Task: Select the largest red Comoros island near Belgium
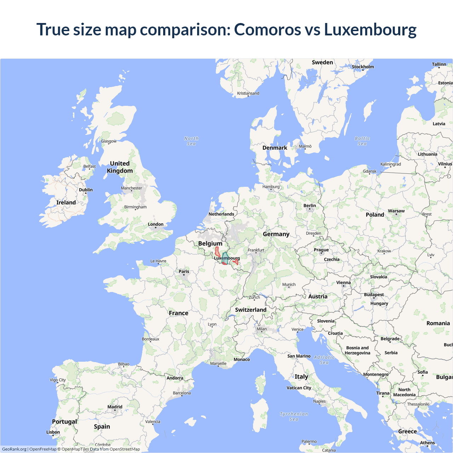coord(218,252)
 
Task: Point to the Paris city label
coord(184,271)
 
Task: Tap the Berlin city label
coord(310,206)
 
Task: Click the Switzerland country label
coord(251,310)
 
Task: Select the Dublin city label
coord(86,190)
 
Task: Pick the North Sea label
coord(191,141)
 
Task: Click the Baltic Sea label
coord(362,141)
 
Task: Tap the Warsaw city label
coord(396,211)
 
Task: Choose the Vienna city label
coord(343,282)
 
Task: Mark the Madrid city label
coord(115,407)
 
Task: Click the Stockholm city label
coord(363,67)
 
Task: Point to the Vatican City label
coord(299,388)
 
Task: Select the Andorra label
coord(175,378)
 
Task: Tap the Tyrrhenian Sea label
coord(294,417)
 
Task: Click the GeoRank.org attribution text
coord(14,449)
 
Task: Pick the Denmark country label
coord(275,148)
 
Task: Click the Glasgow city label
coord(109,141)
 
